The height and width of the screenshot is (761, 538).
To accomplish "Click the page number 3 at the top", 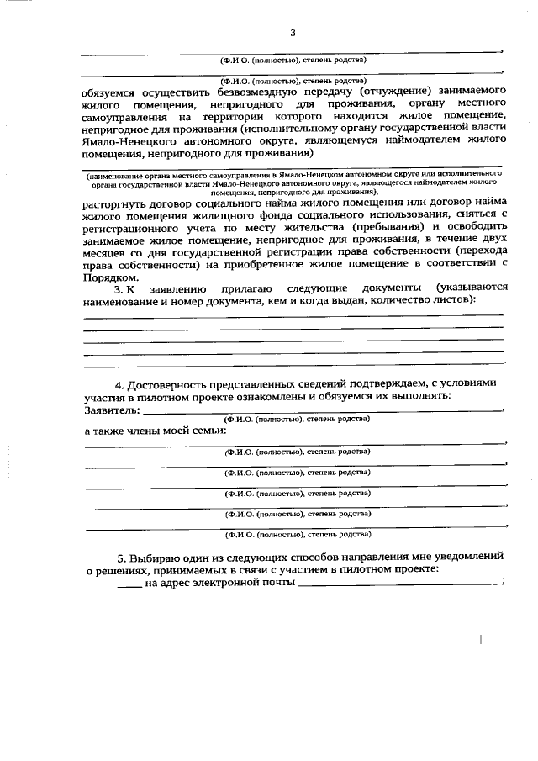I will [x=293, y=33].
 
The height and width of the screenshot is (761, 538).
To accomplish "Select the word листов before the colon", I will [x=455, y=299].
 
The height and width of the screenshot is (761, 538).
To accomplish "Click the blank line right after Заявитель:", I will [x=324, y=410].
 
